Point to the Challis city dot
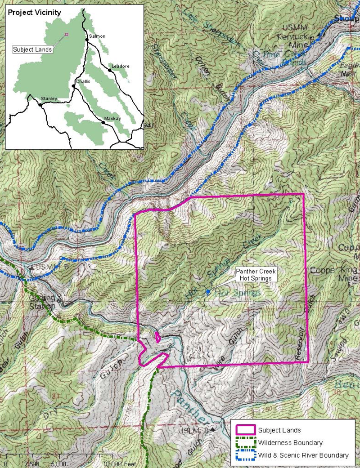pyautogui.click(x=73, y=85)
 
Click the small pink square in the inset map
pyautogui.click(x=67, y=34)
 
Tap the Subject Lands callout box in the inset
pyautogui.click(x=33, y=49)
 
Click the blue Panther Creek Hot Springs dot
pyautogui.click(x=207, y=292)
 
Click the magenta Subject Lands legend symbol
pyautogui.click(x=243, y=430)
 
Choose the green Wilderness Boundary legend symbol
pyautogui.click(x=243, y=443)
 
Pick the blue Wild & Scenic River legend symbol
pyautogui.click(x=243, y=455)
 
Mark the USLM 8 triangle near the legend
pyautogui.click(x=211, y=430)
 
